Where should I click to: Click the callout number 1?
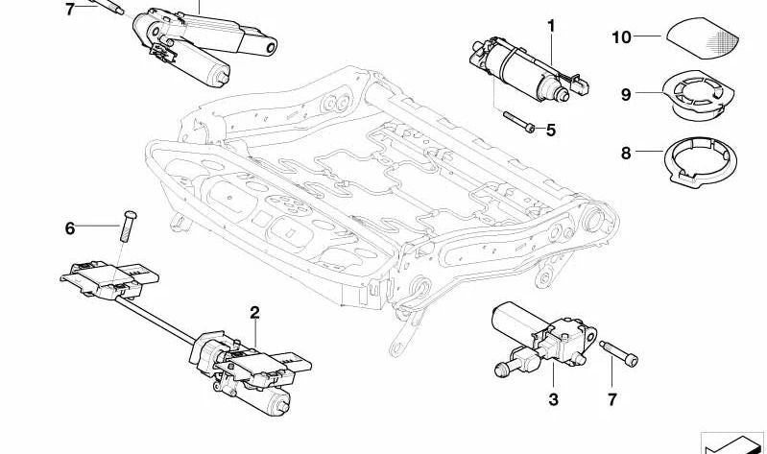[552, 25]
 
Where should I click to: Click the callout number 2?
[254, 312]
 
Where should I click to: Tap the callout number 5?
[550, 130]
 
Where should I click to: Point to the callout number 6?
[69, 228]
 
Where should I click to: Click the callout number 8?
[626, 152]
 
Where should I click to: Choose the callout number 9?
[626, 94]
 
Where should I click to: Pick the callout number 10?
[621, 37]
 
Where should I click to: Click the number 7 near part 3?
[613, 398]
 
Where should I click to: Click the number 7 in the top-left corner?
[69, 10]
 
